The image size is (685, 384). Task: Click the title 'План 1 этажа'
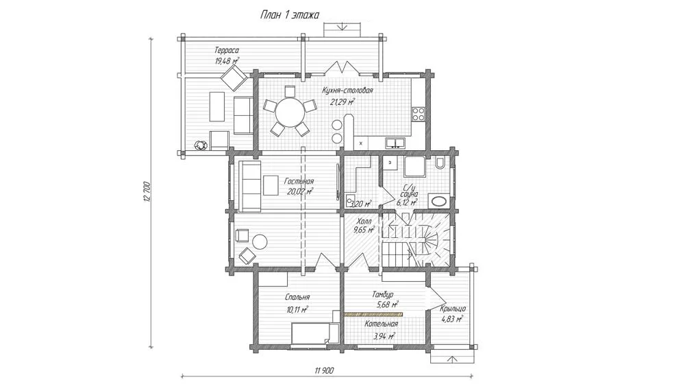290,15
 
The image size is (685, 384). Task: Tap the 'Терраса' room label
227,50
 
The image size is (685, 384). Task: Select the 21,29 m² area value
342,101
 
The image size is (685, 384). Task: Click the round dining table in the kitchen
290,112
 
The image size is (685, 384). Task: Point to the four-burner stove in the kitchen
419,114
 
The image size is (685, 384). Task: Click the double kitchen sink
395,143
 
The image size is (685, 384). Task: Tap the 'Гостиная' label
299,181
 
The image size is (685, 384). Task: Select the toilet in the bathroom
440,163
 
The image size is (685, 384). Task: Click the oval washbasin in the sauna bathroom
438,202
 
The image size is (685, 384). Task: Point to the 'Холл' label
364,221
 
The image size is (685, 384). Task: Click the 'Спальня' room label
297,298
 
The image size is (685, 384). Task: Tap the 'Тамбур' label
383,294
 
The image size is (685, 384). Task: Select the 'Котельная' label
382,324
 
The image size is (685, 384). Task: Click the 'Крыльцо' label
453,309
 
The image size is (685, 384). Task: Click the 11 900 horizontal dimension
324,370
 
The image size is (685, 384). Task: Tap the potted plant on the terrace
200,144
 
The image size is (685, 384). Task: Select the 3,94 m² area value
384,336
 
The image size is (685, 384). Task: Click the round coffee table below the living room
260,241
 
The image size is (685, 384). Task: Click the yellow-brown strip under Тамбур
373,314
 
